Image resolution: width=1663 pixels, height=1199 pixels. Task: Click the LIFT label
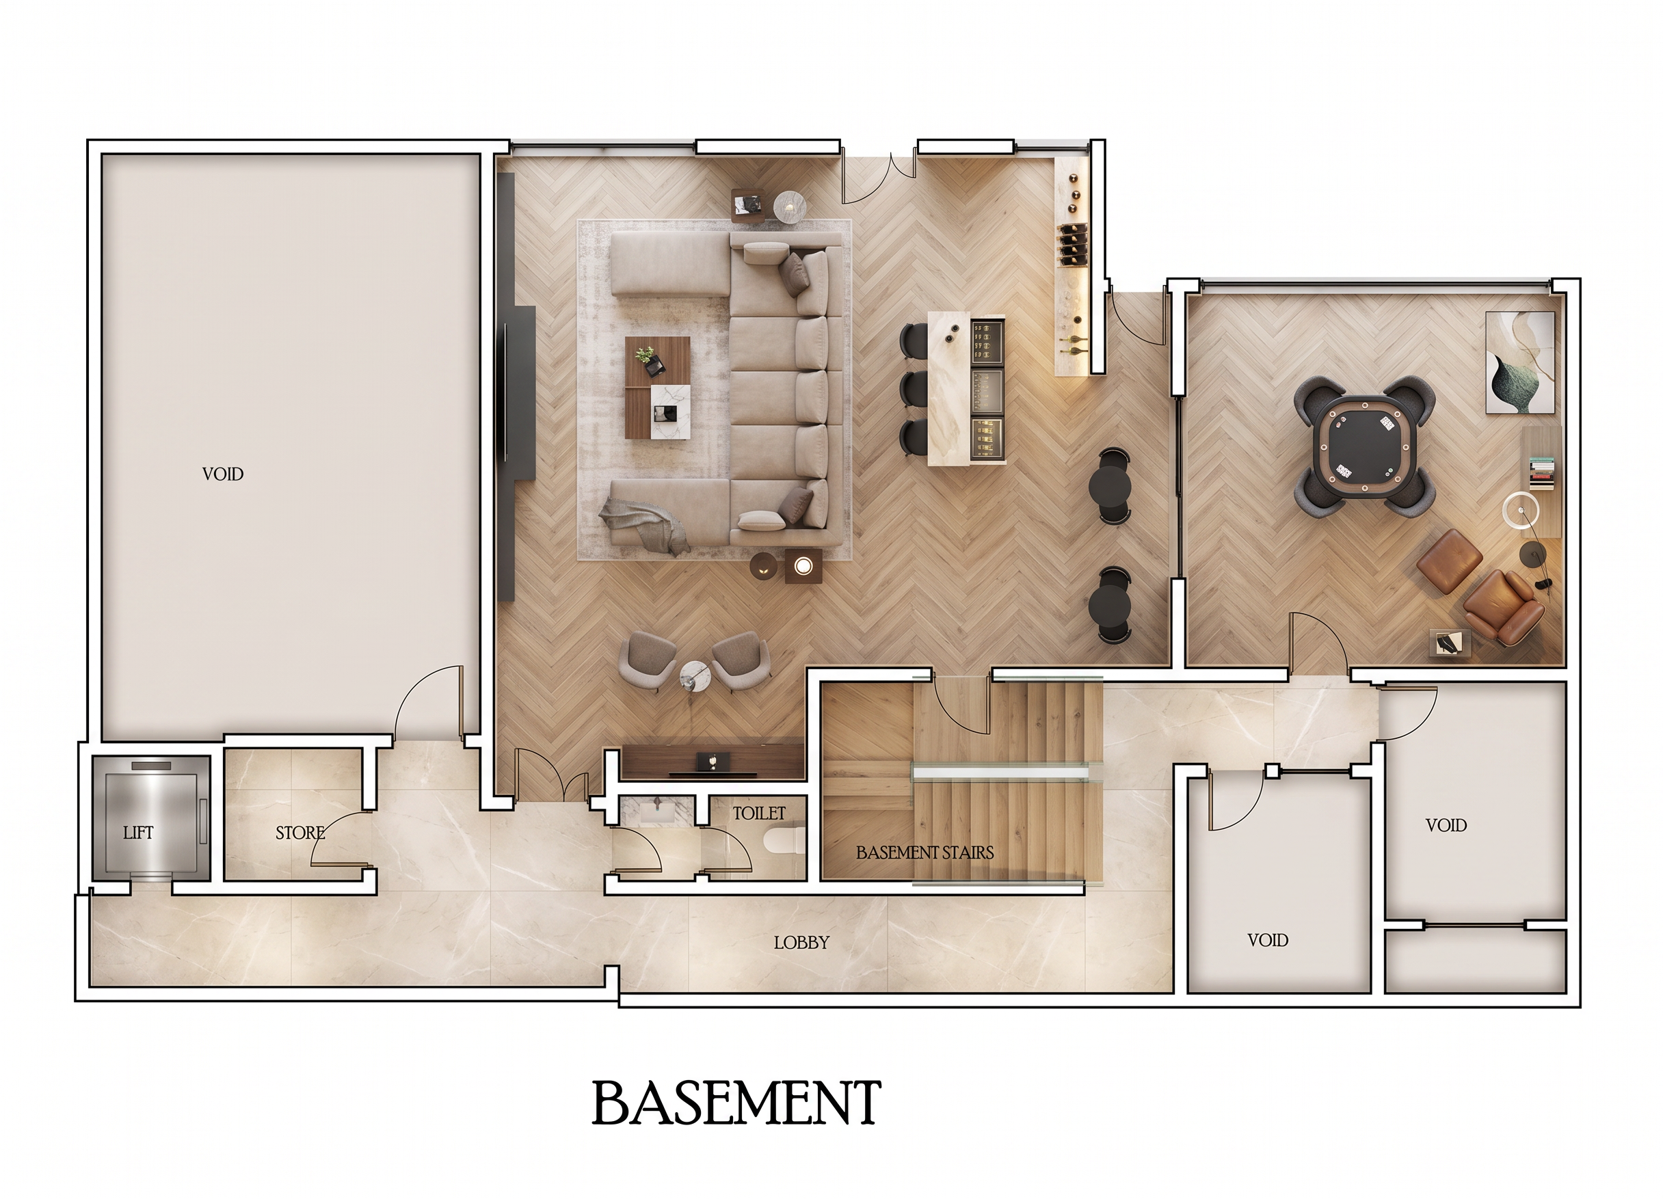(138, 833)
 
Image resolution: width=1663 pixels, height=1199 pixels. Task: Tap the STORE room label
(300, 833)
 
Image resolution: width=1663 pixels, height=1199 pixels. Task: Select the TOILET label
(759, 813)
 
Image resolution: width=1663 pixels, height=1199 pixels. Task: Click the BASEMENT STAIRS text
(924, 852)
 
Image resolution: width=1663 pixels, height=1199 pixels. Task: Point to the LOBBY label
(801, 943)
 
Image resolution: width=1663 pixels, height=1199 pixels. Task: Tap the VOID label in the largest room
(223, 474)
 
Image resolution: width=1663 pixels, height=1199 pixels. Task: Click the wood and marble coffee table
(658, 388)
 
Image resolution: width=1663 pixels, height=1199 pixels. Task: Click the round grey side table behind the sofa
(790, 206)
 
